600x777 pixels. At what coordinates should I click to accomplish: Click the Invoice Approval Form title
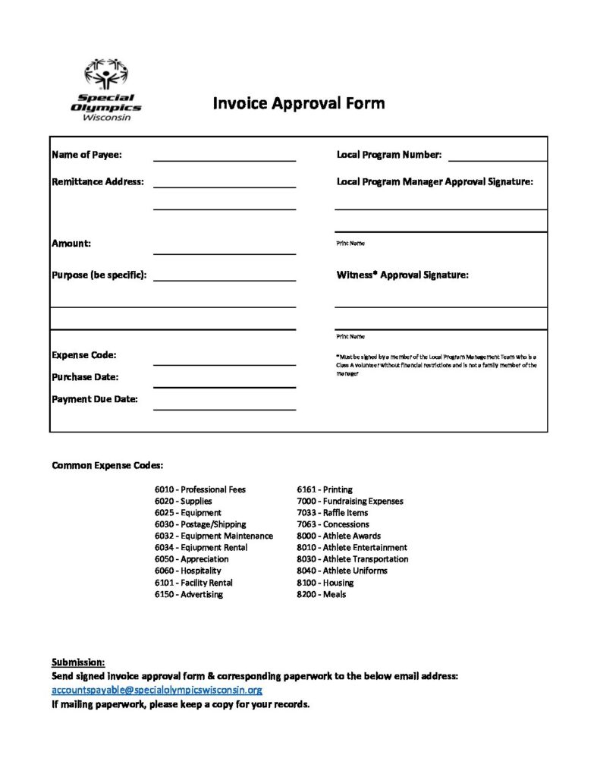(298, 103)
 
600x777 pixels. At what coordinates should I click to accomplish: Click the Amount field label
(71, 244)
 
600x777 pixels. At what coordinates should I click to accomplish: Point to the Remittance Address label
(98, 182)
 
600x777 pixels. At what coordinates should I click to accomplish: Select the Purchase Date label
(85, 377)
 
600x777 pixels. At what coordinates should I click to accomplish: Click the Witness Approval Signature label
(402, 275)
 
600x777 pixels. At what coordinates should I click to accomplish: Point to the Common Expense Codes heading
(107, 465)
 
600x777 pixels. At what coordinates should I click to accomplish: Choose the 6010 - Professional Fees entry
(200, 489)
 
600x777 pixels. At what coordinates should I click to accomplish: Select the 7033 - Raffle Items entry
(332, 512)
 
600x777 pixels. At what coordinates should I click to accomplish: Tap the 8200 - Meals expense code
(321, 594)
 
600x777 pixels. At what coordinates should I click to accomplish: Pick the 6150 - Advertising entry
(189, 594)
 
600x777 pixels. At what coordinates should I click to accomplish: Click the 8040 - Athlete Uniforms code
(341, 571)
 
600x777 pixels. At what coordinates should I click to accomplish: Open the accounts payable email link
(157, 690)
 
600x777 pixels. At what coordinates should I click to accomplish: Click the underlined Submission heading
(78, 662)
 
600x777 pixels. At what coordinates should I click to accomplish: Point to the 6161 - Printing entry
(324, 489)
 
